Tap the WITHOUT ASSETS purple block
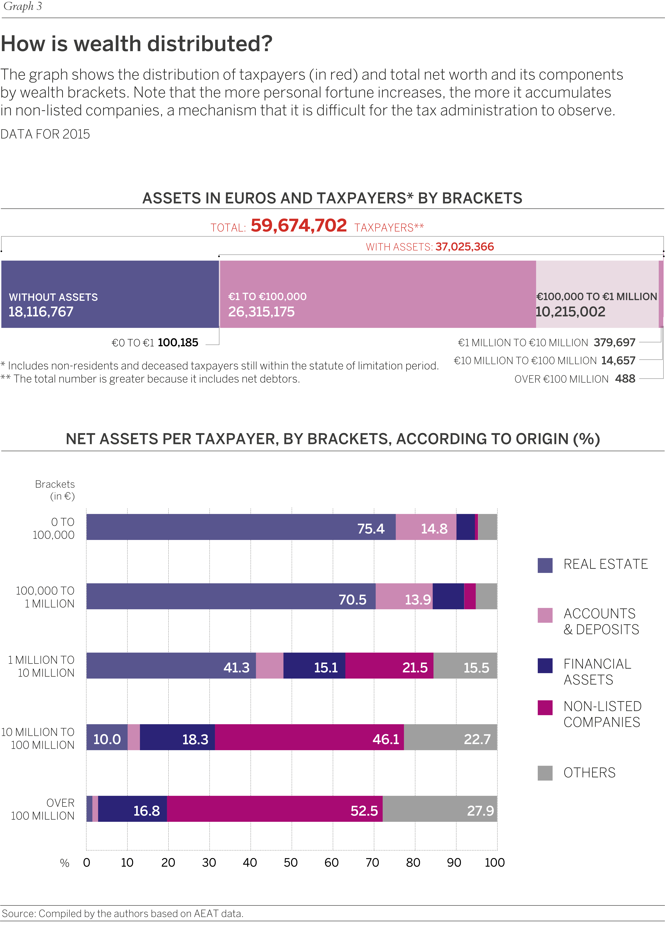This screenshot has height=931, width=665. (110, 294)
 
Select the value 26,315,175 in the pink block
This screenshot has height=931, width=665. (261, 312)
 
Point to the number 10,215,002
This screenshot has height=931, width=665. (570, 312)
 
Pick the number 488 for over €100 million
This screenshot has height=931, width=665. (625, 379)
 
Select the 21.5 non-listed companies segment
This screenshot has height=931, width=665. (389, 665)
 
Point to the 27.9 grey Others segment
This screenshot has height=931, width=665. (440, 809)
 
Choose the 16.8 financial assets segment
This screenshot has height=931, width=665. (133, 809)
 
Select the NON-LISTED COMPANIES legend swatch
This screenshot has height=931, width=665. (545, 707)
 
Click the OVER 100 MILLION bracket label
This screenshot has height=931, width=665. (43, 809)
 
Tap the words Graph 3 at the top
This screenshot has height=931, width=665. (23, 7)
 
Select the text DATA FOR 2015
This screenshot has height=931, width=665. (45, 134)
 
